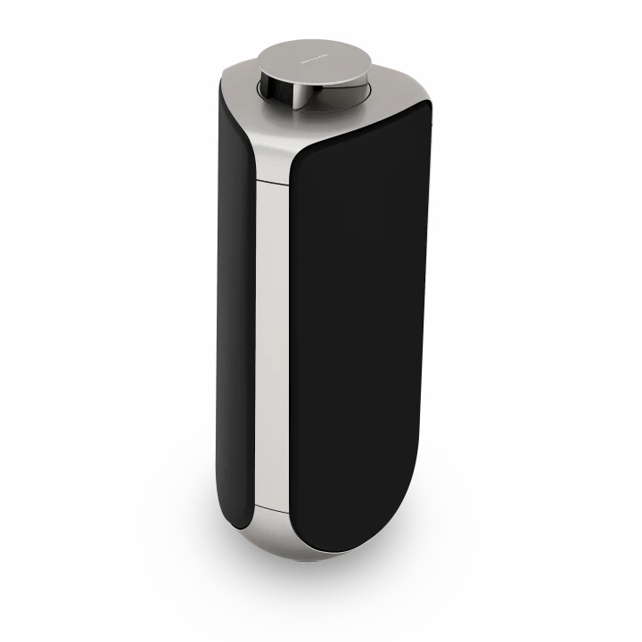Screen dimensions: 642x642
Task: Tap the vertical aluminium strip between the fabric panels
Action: pyautogui.click(x=271, y=339)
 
